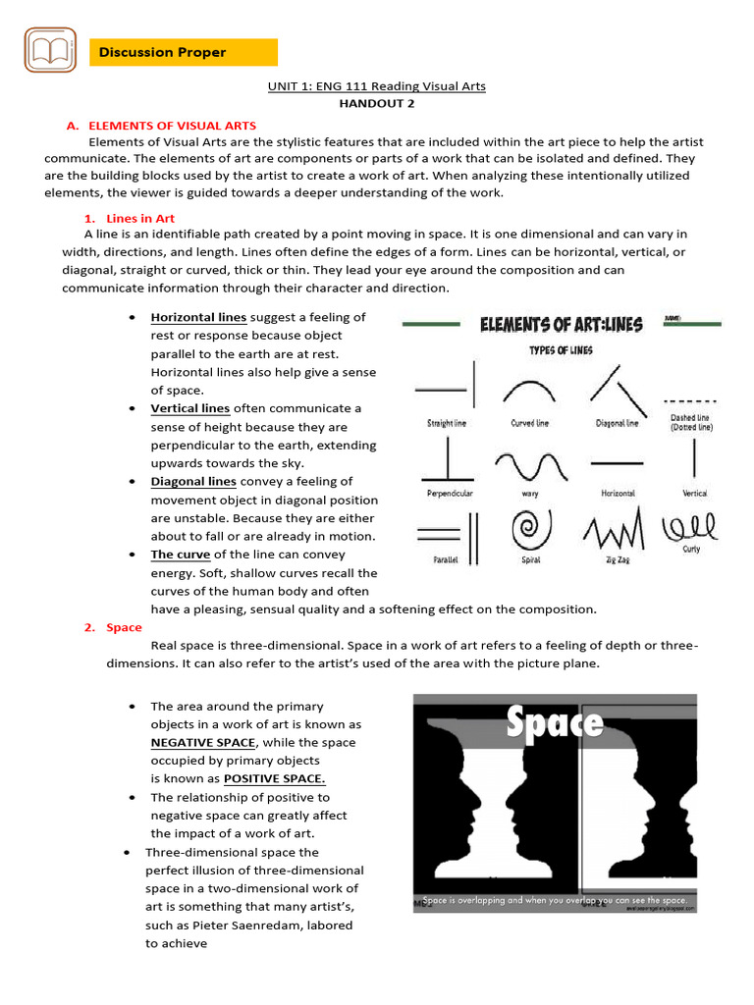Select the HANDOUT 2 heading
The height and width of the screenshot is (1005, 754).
(x=377, y=102)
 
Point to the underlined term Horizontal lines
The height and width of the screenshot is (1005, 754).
(x=198, y=317)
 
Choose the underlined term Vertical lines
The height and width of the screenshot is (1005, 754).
(x=190, y=408)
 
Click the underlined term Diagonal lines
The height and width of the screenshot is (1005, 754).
(x=193, y=481)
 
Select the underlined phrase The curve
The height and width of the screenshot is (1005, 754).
(x=181, y=555)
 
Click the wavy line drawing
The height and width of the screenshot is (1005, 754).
(x=530, y=463)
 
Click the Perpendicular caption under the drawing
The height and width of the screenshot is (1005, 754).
(x=450, y=493)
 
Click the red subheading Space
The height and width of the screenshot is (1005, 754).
(x=124, y=627)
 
